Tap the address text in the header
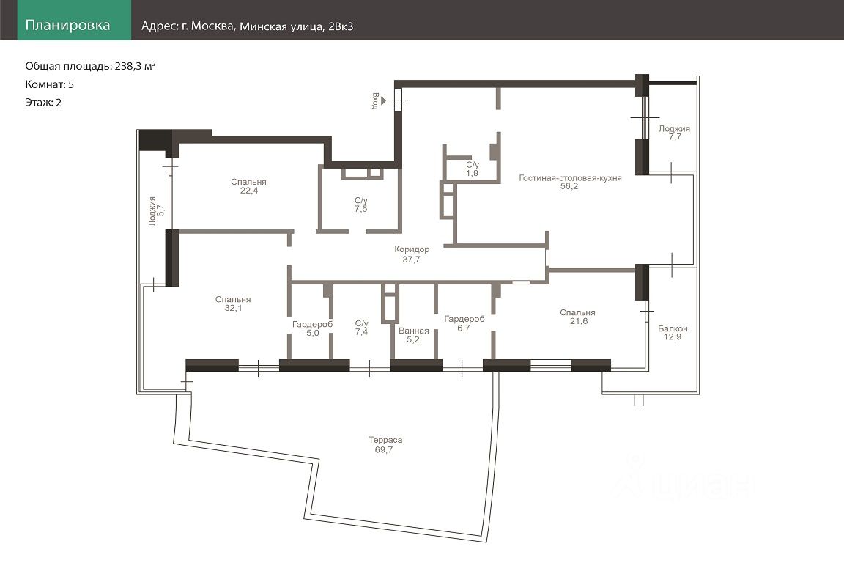coord(247,26)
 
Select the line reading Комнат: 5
coord(50,84)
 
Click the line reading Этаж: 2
coord(43,103)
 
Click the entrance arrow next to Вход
coord(383,100)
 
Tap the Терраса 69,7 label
coord(385,444)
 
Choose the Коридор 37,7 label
coord(412,254)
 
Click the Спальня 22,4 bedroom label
coord(248,186)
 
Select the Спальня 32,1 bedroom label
coord(233,303)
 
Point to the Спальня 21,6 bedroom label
coord(577,316)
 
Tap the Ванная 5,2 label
coord(413,334)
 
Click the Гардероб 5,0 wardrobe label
coord(312,328)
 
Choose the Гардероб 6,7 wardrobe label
coord(464,323)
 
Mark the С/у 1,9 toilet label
coord(472,169)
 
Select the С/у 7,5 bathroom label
coord(360,205)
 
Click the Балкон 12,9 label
coord(673,332)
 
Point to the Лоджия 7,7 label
coord(674,133)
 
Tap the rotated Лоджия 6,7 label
coord(156,210)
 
